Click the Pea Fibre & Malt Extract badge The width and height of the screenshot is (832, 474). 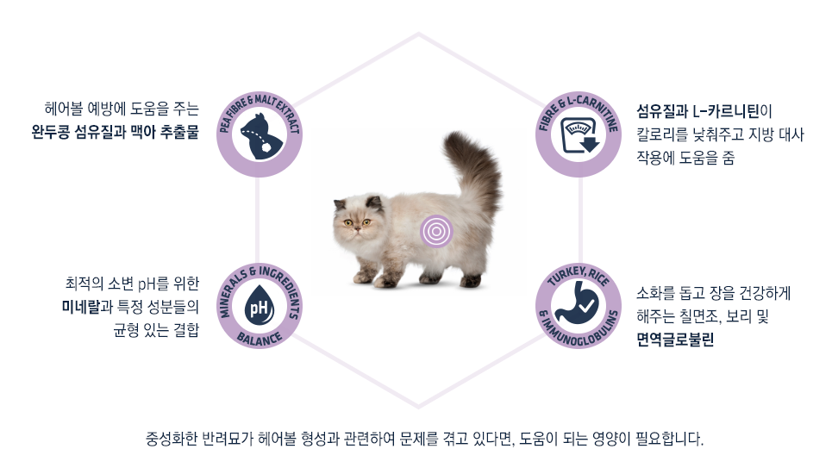(x=260, y=134)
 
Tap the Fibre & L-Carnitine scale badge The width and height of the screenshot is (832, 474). (x=579, y=134)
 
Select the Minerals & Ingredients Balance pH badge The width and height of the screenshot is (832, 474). (x=260, y=306)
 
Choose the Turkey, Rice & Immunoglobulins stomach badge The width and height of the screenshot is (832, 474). (x=579, y=306)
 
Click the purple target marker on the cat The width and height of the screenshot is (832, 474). (x=436, y=232)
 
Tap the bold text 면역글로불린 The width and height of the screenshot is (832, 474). (x=675, y=340)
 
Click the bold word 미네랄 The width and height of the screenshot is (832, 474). (x=81, y=307)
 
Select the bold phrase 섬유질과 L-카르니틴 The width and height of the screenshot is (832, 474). (x=698, y=111)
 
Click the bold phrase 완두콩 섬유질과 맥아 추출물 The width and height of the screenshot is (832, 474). (x=116, y=132)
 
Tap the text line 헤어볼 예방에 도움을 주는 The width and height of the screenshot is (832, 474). (x=122, y=109)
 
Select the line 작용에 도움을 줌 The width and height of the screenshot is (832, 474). (x=685, y=158)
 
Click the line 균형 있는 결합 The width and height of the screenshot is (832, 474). (x=156, y=329)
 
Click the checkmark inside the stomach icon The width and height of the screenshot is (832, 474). (x=587, y=306)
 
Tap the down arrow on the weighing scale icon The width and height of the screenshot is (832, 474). (x=589, y=144)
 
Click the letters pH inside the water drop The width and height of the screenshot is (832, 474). (x=259, y=308)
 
